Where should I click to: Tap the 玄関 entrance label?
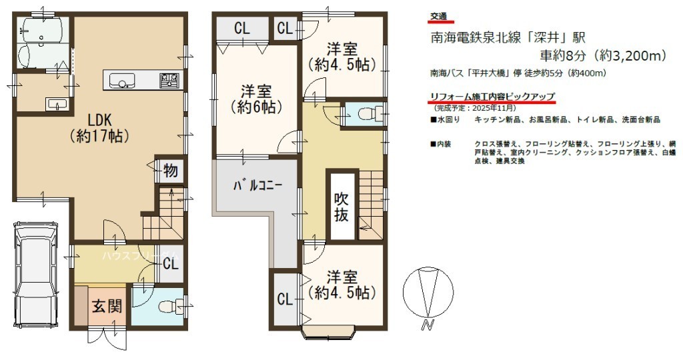click(107, 307)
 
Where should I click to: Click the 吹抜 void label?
click(341, 207)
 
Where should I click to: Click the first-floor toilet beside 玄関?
click(167, 307)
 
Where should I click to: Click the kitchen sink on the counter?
click(122, 81)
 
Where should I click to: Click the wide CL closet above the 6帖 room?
click(242, 28)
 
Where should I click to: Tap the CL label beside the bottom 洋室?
click(285, 299)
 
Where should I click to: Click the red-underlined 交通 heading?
click(439, 17)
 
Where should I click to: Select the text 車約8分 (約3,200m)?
click(603, 55)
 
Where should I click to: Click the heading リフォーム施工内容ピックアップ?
click(493, 97)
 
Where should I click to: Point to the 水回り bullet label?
click(445, 119)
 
